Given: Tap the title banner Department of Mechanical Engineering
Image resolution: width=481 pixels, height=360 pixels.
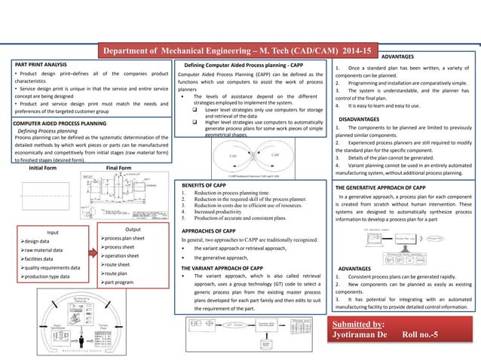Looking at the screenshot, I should pyautogui.click(x=237, y=51).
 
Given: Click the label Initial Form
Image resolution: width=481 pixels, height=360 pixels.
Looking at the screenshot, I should pyautogui.click(x=45, y=168).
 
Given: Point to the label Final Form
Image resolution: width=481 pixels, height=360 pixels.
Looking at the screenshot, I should pyautogui.click(x=119, y=168).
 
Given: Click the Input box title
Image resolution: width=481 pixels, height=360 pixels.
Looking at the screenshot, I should pyautogui.click(x=54, y=233).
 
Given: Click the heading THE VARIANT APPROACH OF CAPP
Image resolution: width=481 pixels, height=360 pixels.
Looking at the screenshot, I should pyautogui.click(x=223, y=267).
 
